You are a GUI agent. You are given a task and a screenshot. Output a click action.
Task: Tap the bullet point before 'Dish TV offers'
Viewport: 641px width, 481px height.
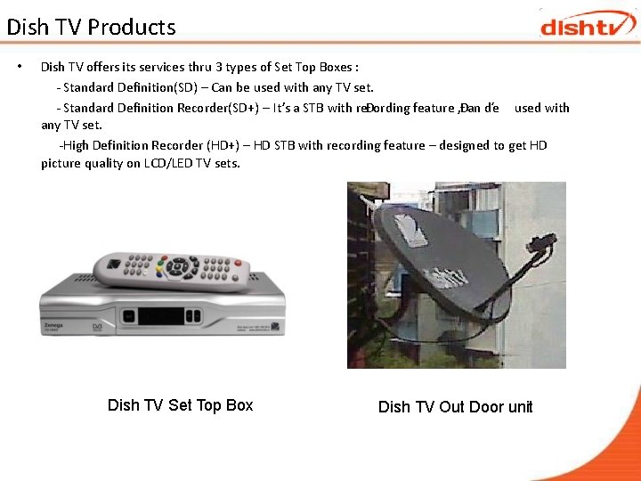20,67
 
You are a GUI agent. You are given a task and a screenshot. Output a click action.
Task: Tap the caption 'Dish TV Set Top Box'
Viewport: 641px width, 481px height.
180,405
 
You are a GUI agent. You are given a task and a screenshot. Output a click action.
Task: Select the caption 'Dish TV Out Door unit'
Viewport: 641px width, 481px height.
455,407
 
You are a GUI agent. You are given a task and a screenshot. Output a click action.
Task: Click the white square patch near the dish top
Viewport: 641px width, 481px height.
410,231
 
